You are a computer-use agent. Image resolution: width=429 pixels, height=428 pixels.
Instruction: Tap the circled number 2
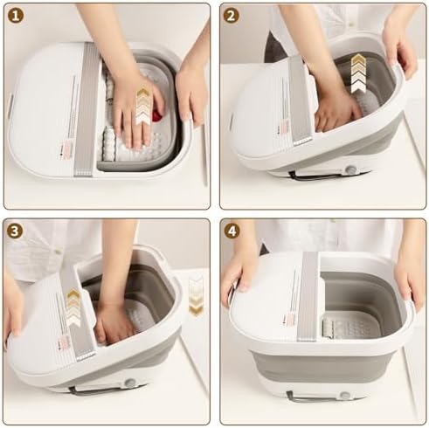232,17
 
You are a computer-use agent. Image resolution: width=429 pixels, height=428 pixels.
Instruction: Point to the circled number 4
232,232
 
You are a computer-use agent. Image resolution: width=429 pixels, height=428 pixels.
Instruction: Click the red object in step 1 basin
157,114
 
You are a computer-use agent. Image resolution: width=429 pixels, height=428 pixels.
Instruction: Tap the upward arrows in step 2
359,73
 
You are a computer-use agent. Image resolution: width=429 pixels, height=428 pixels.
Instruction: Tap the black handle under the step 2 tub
313,176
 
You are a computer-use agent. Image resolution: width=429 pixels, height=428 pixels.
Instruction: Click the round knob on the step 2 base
351,169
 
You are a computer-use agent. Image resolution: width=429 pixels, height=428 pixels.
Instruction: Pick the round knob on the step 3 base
130,383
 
